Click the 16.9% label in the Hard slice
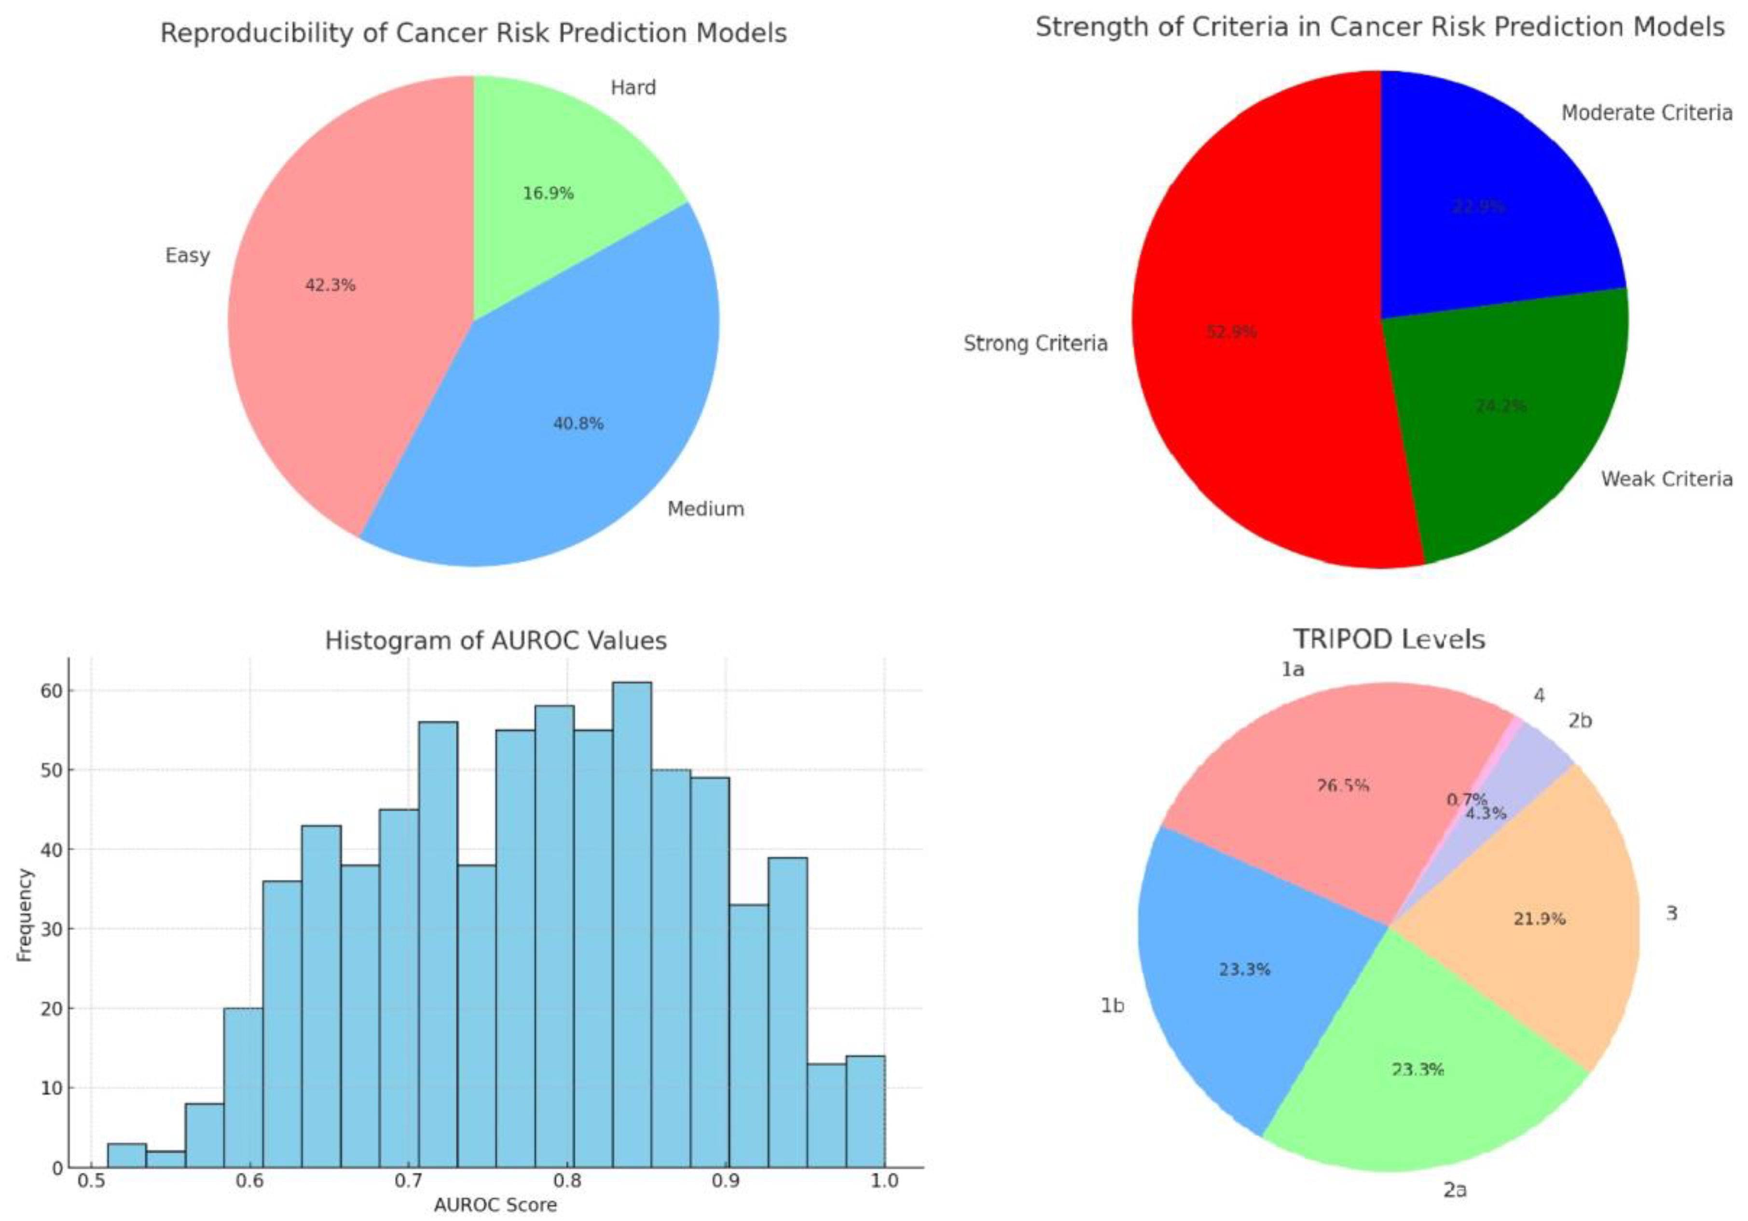(548, 193)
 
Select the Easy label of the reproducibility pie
(187, 255)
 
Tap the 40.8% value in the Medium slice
(578, 423)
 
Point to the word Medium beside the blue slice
(705, 508)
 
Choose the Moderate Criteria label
(1646, 113)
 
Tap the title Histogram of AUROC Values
(495, 640)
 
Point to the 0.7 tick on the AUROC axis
(408, 1180)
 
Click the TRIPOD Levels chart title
(1390, 639)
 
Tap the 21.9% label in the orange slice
(1539, 919)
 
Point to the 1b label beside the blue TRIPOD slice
(1112, 1005)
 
